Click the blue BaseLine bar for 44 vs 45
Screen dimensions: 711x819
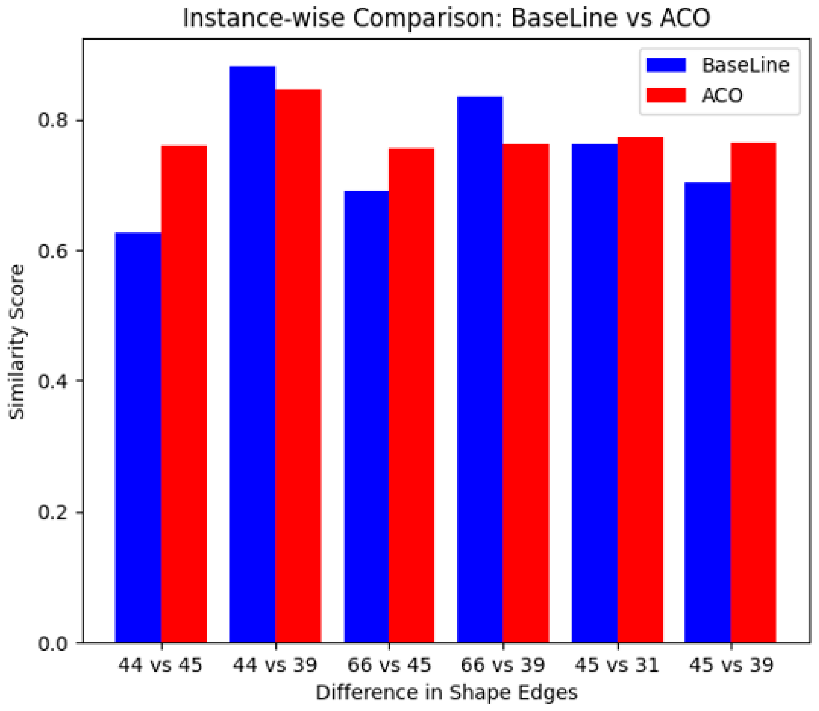click(138, 437)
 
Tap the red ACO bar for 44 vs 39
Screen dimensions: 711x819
click(298, 365)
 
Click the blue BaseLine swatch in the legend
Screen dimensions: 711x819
click(666, 65)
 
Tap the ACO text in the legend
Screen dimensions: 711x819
click(722, 95)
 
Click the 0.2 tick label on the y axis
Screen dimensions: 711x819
click(53, 512)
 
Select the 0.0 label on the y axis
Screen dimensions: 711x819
click(53, 643)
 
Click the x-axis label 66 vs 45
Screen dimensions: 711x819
click(389, 665)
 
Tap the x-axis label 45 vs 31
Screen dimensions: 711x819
click(617, 665)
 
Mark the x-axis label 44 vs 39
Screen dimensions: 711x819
click(275, 665)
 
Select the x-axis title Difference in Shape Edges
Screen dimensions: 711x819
click(446, 692)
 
